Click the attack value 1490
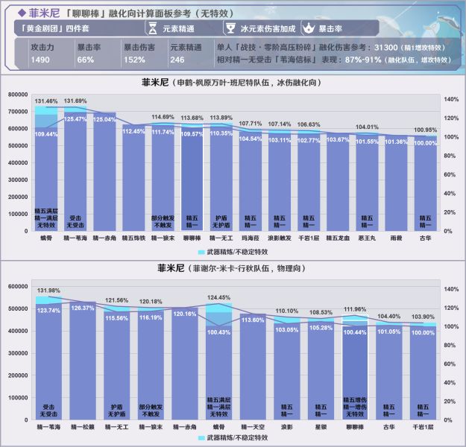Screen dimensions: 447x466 40,60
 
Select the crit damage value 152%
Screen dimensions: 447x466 134,60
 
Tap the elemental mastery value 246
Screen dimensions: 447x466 177,60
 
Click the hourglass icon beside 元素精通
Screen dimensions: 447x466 151,28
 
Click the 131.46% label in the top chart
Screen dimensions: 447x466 46,101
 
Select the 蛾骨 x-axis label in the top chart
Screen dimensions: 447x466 46,238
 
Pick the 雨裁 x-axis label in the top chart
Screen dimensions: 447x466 396,238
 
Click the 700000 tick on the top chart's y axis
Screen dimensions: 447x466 18,111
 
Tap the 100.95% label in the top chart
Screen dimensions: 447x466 425,129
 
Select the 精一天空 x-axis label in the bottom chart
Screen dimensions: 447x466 254,428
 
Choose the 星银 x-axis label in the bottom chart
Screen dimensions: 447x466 321,428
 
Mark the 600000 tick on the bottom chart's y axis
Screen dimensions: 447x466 18,286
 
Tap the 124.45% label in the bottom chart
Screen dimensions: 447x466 218,297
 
